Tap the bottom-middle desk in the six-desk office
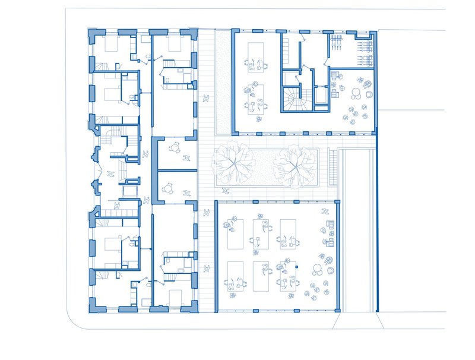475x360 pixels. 261,276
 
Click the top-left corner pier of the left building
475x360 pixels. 93,34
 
